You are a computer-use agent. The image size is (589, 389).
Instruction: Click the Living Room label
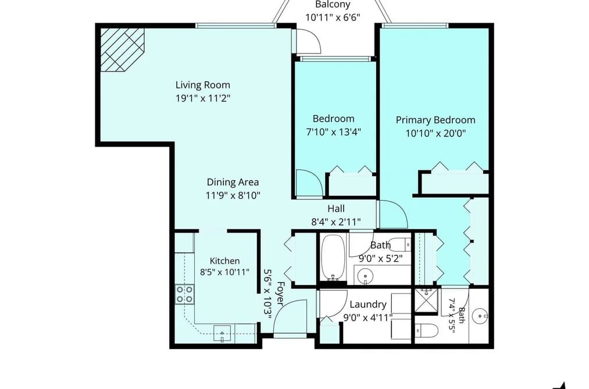[203, 85]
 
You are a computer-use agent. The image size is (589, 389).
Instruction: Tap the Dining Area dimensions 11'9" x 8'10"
[233, 195]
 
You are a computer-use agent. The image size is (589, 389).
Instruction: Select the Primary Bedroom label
[435, 120]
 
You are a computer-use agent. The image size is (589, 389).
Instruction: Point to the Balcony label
[333, 5]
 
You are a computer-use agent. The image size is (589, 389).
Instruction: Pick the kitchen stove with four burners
[184, 294]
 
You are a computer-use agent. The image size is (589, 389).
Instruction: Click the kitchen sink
[222, 333]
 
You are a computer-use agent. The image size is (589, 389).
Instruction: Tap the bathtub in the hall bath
[333, 258]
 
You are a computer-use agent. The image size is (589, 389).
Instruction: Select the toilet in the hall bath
[399, 244]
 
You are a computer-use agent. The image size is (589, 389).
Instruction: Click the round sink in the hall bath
[365, 276]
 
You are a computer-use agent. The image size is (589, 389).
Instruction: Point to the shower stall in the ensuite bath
[426, 301]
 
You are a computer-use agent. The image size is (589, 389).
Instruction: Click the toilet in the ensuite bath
[427, 331]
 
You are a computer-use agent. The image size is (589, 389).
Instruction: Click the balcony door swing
[308, 41]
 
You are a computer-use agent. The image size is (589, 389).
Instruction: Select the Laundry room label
[367, 305]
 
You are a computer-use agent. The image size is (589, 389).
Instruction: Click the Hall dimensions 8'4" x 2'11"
[336, 222]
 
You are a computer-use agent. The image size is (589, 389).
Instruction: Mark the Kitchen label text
[224, 261]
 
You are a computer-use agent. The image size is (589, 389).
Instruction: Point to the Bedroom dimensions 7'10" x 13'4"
[334, 132]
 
